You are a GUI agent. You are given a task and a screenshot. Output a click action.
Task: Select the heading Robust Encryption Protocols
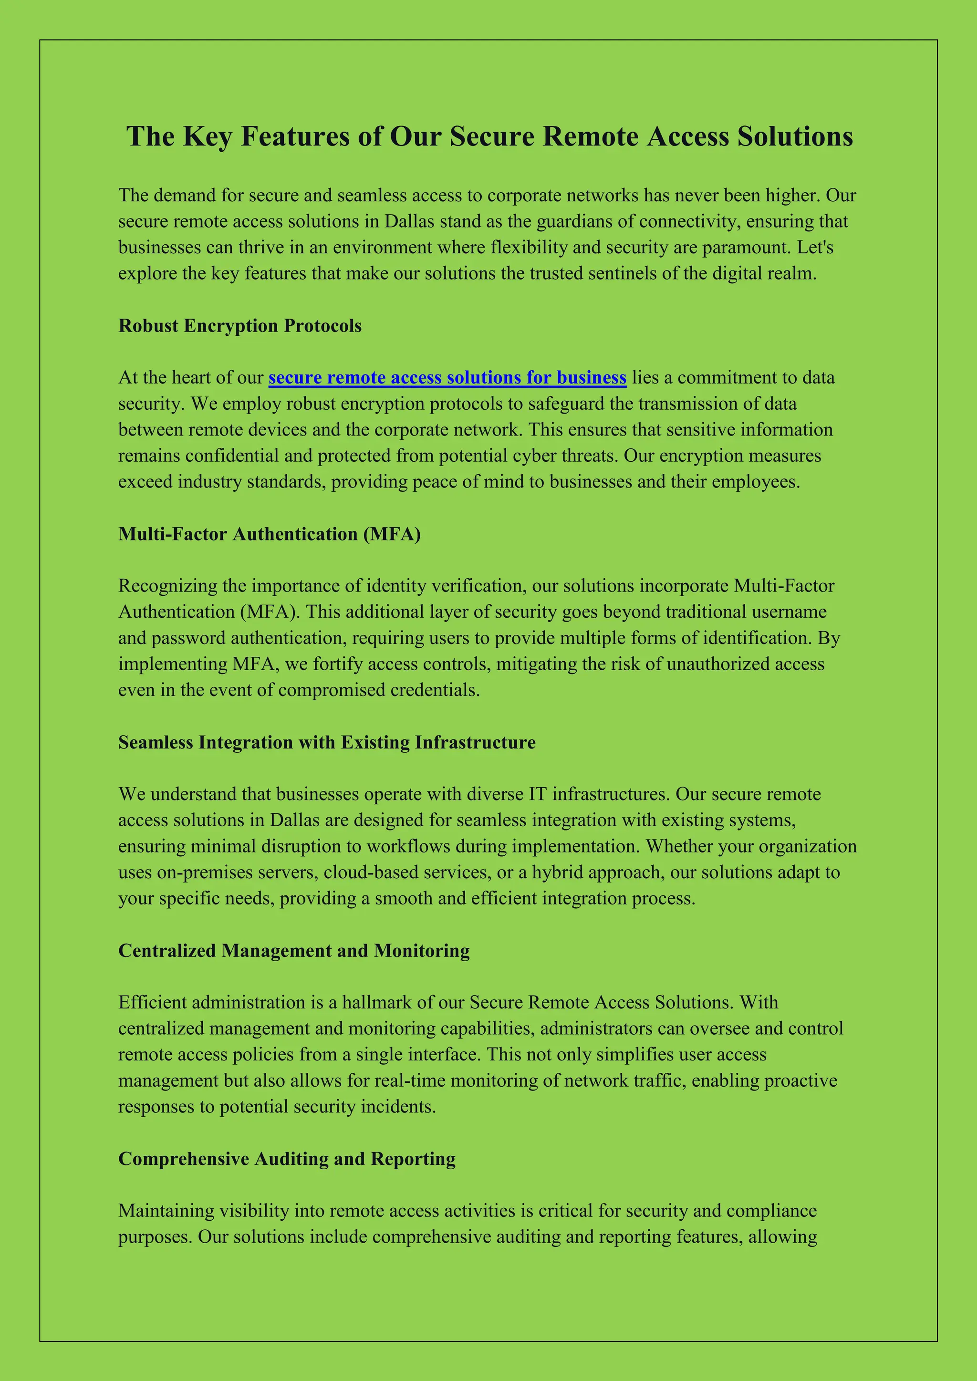(x=239, y=325)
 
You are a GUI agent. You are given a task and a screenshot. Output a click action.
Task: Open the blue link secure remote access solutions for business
(x=447, y=378)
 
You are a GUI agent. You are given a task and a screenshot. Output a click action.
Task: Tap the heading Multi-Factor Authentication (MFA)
(x=269, y=534)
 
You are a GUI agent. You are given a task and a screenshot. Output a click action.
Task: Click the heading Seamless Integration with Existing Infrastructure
(x=327, y=742)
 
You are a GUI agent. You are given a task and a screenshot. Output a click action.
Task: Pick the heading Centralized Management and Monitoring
(x=293, y=950)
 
